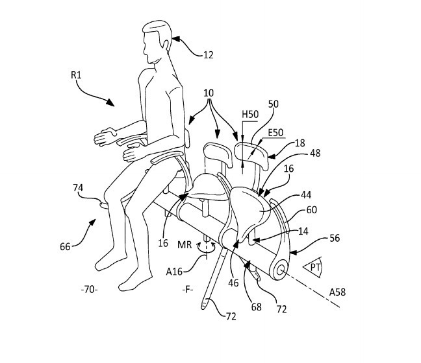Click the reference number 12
pos(207,56)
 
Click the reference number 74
pos(79,188)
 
